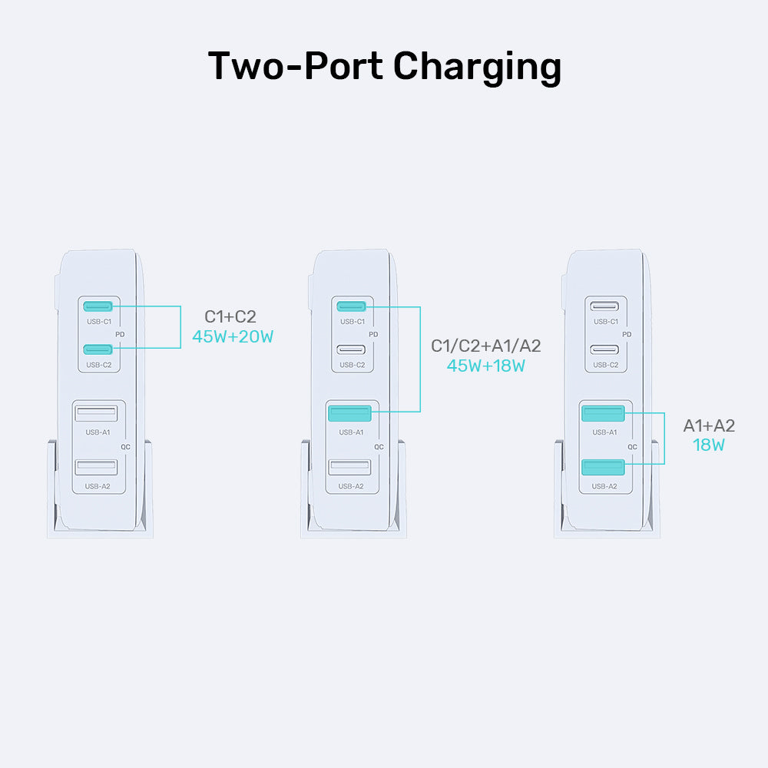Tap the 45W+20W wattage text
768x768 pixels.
pos(233,336)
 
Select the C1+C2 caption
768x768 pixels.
pos(230,316)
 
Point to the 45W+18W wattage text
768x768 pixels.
pos(486,366)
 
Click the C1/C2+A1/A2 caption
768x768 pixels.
pos(486,346)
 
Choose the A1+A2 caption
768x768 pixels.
pos(709,425)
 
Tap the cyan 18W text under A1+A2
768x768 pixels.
pos(709,445)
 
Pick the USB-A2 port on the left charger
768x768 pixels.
pos(96,467)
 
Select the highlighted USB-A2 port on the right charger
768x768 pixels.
pos(603,467)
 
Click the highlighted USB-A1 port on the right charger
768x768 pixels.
pos(603,414)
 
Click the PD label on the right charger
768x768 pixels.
pos(627,335)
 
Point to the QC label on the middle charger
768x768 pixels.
pos(379,446)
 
